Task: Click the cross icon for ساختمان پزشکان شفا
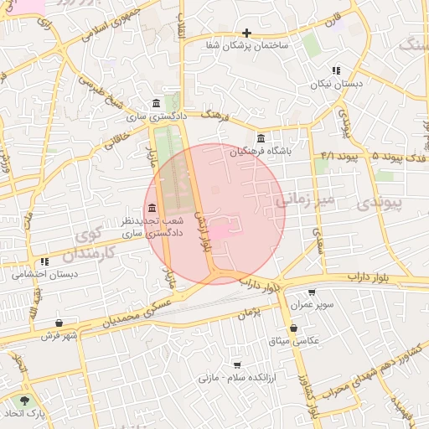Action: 246,33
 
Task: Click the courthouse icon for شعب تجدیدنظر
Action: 152,209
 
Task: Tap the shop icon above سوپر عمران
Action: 313,292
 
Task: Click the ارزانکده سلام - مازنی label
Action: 236,378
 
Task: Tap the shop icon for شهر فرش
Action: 58,323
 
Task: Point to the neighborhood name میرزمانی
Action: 304,199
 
